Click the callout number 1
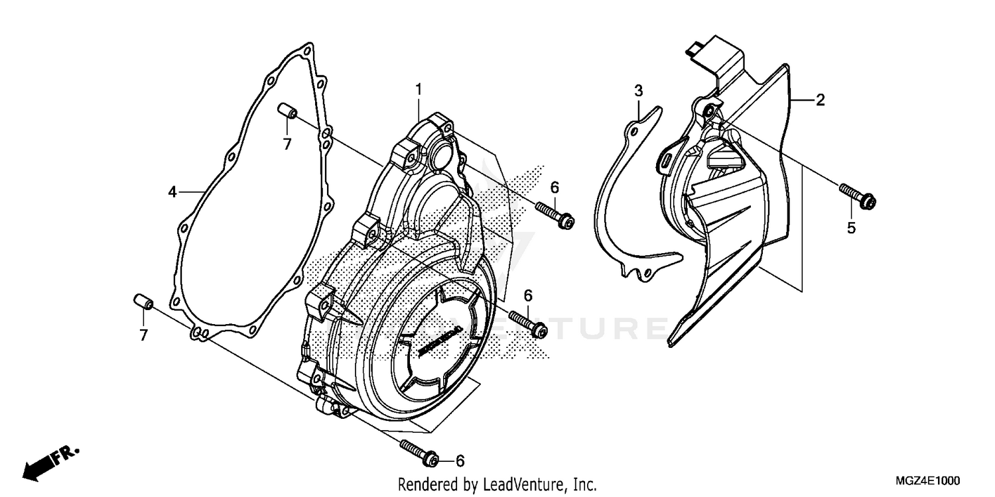419,88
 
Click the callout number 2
820,100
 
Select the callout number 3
638,90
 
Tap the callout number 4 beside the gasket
172,192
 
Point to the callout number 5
851,228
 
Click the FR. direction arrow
50,462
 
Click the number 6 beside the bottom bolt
459,460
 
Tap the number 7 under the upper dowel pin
287,143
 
